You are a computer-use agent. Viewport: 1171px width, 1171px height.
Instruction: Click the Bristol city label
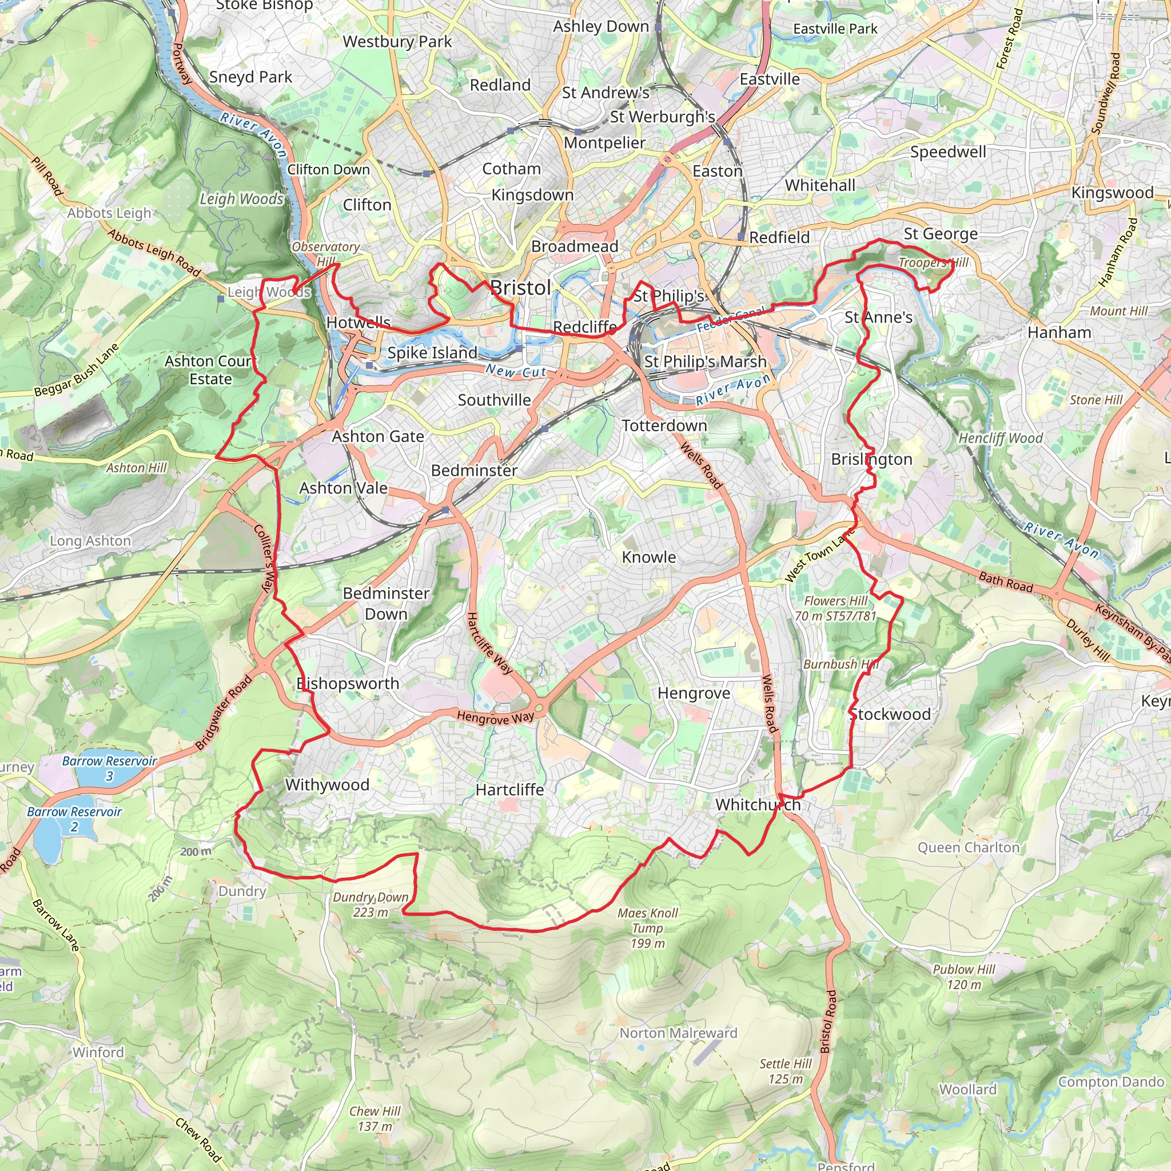(x=521, y=288)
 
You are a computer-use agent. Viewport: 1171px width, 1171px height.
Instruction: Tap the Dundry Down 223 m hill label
(x=371, y=905)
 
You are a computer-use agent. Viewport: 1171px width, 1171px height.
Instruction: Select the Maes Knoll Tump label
(x=647, y=928)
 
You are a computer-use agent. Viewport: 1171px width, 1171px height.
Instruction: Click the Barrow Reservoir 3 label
(x=109, y=767)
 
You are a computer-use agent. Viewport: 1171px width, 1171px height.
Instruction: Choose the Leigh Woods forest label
(x=242, y=199)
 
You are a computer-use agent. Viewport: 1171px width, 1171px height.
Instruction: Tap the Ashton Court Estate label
(x=210, y=370)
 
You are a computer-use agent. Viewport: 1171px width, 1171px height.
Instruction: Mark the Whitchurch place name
(x=758, y=805)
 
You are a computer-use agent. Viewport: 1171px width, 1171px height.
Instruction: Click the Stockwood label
(x=889, y=714)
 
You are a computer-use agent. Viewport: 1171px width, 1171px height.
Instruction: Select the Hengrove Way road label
(x=495, y=718)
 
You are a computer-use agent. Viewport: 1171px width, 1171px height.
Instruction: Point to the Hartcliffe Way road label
(x=490, y=643)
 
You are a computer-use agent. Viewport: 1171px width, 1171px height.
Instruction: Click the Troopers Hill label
(x=933, y=262)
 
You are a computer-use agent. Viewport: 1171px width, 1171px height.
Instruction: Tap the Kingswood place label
(x=1112, y=193)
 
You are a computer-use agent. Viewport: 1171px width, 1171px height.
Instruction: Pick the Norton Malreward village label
(x=678, y=1033)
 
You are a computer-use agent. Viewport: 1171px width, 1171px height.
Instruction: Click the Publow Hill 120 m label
(x=963, y=977)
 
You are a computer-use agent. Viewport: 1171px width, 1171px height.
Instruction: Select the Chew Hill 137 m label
(x=375, y=1118)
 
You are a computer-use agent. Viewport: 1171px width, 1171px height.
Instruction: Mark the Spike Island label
(x=432, y=353)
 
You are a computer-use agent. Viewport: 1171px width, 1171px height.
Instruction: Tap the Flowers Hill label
(x=835, y=608)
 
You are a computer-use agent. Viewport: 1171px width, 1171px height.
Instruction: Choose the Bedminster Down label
(x=386, y=603)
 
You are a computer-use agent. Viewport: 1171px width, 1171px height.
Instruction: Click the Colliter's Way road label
(x=265, y=557)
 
